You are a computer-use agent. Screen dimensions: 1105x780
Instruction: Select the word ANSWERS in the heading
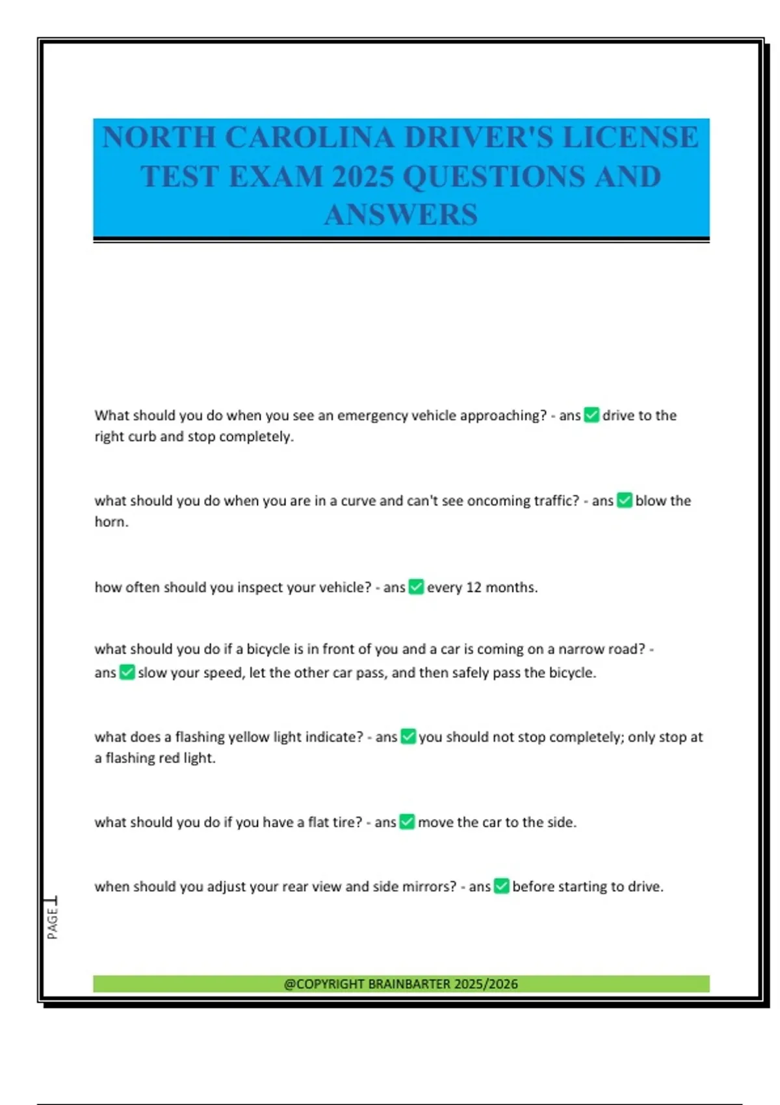(401, 215)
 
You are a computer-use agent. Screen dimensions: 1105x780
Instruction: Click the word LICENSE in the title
(630, 138)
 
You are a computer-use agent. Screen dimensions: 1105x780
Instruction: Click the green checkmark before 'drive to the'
(591, 415)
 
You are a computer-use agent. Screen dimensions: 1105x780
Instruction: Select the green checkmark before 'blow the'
(624, 500)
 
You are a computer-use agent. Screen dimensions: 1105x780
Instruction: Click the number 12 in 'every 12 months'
(473, 588)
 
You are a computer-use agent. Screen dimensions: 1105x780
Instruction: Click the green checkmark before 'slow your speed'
(127, 672)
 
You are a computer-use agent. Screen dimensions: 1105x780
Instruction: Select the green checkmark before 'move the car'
(407, 822)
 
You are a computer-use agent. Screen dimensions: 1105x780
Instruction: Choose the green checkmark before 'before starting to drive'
(501, 886)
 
